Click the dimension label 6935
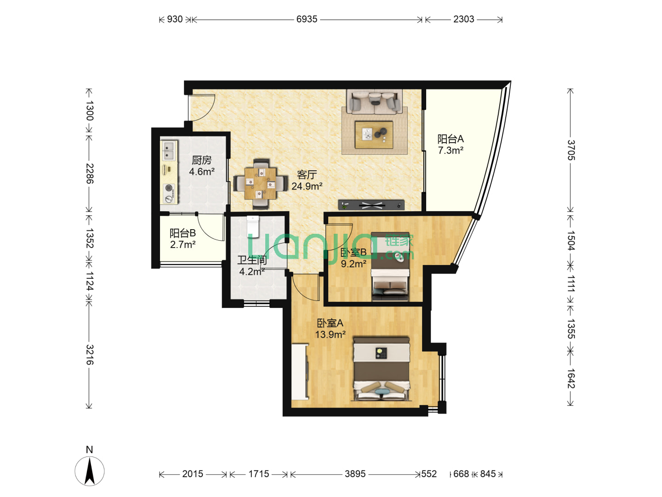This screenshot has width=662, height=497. click(307, 19)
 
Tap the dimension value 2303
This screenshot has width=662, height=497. click(463, 19)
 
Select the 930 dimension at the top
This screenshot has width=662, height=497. click(175, 19)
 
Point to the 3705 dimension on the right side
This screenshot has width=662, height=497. click(571, 150)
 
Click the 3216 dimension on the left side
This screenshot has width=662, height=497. click(90, 354)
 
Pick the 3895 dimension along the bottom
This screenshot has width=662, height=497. click(355, 474)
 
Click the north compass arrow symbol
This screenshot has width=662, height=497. click(89, 471)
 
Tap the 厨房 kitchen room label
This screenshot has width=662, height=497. click(201, 160)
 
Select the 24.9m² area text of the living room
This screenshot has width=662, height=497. click(307, 186)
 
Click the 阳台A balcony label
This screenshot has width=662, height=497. click(450, 139)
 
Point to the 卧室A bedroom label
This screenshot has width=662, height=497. click(330, 323)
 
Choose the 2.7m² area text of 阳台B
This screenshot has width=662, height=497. click(183, 244)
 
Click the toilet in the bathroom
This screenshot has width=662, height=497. click(253, 226)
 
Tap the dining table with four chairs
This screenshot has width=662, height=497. click(260, 184)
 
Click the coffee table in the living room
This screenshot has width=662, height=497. click(374, 135)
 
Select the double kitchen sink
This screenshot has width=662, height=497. click(169, 151)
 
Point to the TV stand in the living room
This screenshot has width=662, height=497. click(371, 205)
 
